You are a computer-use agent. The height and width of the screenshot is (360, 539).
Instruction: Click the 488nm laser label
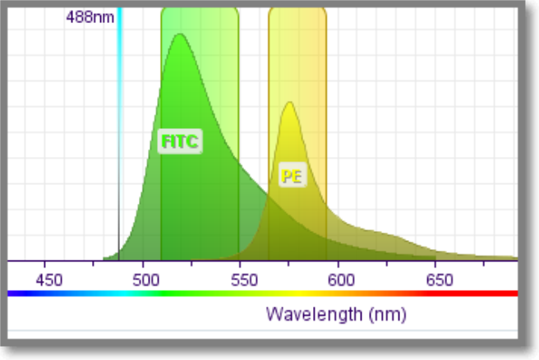coord(90,16)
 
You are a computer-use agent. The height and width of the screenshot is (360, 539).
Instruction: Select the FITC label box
coord(180,141)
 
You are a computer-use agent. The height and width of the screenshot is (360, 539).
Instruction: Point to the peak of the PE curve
coord(288,103)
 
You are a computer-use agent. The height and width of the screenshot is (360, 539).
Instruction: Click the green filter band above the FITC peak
coord(200,21)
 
